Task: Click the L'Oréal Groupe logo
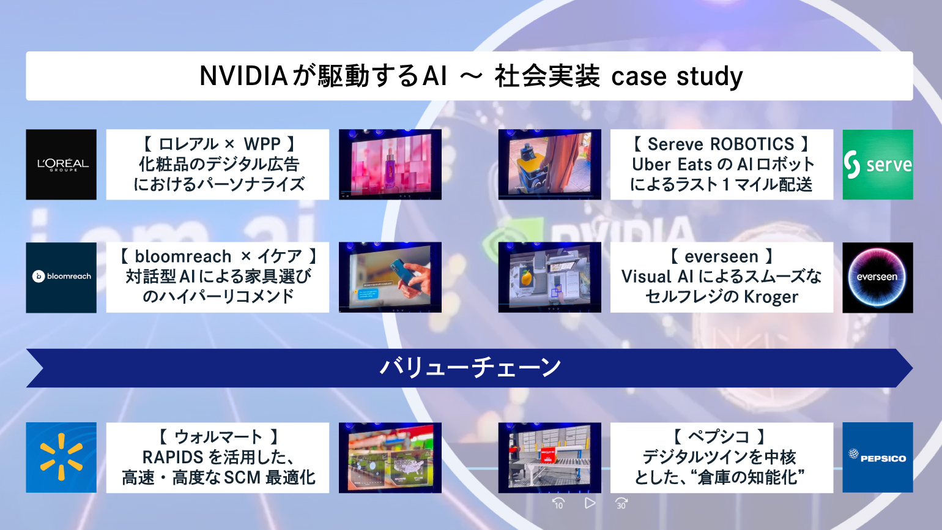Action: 61,165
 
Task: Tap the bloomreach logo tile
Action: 61,277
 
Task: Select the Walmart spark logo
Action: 61,457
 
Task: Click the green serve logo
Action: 878,165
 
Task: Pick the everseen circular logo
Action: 878,277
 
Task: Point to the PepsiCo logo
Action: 878,457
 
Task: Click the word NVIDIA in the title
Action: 243,76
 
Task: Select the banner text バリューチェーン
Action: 470,367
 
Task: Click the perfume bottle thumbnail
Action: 390,165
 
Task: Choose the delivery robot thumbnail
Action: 550,165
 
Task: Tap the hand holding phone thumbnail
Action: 390,277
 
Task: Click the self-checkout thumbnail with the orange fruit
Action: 550,277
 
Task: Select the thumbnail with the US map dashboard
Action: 390,457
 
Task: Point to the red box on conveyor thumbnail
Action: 550,457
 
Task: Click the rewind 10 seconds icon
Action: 558,503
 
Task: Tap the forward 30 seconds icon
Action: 621,503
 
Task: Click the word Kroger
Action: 771,297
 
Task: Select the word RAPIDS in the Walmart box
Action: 173,457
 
